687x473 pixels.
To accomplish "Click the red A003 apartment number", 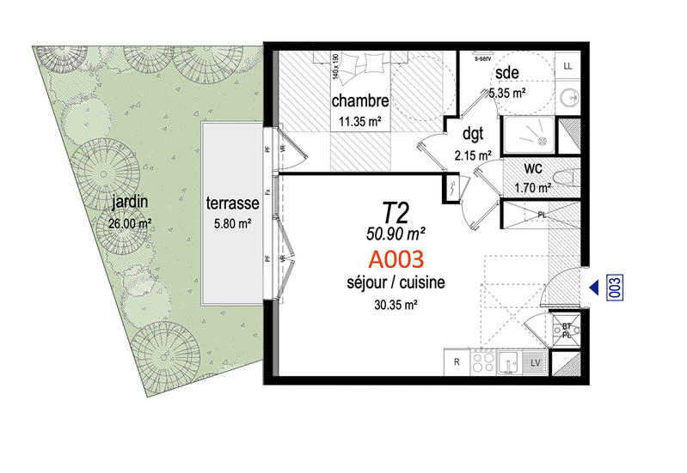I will point(396,258).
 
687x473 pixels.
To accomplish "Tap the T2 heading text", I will point(396,210).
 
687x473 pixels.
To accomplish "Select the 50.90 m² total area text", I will point(396,232).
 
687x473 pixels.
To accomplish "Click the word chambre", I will point(361,100).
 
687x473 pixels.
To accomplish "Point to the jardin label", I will point(130,203).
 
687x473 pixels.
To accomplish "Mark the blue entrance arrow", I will point(594,287).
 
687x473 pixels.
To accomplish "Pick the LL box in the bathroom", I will point(568,65).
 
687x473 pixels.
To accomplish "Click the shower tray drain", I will point(541,136).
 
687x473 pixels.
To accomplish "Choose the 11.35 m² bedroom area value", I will point(361,122).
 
